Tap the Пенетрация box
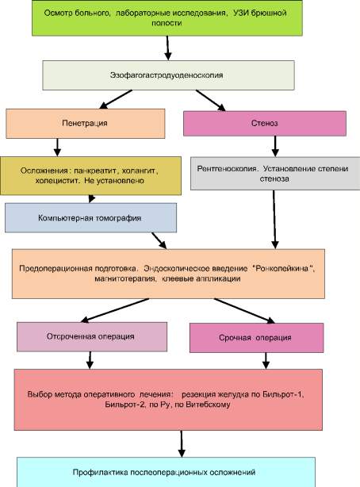pos(86,124)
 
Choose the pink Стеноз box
pos(265,124)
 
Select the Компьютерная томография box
pos(88,217)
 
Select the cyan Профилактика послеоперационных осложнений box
pos(178,472)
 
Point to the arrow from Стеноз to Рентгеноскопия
pos(274,145)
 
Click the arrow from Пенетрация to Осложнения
pos(56,148)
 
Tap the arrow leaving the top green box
pos(168,48)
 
